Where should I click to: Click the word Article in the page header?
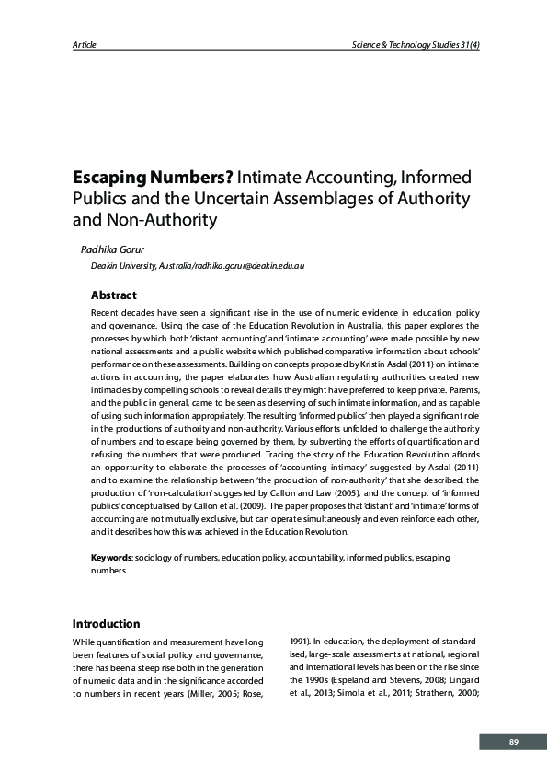tap(84, 45)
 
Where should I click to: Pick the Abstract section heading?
tap(113, 295)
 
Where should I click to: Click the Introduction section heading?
tap(106, 623)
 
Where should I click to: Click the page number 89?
tap(514, 742)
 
